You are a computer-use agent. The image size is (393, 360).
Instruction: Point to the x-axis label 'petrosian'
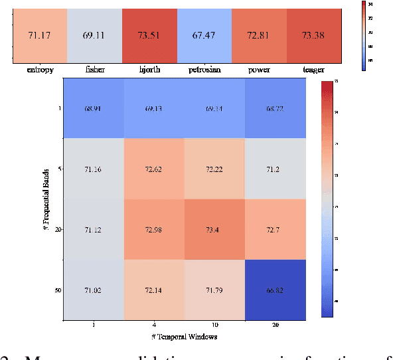click(206, 68)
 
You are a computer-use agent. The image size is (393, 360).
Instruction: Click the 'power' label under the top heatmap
click(260, 68)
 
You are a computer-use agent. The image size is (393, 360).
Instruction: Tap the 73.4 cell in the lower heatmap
click(216, 229)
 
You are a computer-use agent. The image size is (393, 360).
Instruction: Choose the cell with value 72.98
click(154, 229)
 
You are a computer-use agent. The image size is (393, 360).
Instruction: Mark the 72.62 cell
click(154, 169)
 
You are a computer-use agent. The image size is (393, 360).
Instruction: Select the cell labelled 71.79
click(216, 290)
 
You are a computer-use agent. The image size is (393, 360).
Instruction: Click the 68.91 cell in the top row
click(93, 108)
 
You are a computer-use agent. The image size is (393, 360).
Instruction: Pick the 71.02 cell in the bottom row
click(93, 290)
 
